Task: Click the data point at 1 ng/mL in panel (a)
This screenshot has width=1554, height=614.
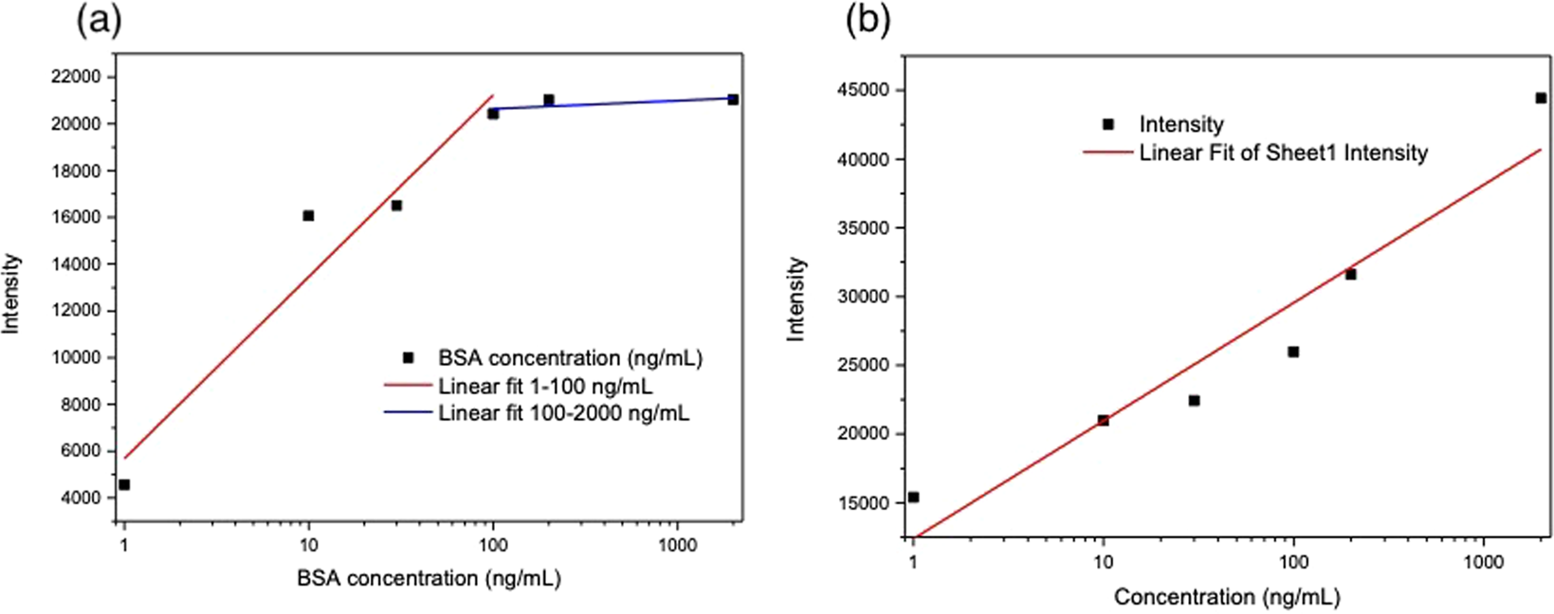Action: coord(124,484)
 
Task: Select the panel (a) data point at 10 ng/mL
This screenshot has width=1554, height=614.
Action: coord(308,216)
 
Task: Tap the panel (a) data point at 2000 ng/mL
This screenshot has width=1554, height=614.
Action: coord(733,99)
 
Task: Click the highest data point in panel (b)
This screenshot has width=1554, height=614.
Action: coord(1541,98)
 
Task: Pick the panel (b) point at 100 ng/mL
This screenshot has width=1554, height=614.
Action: coord(1293,352)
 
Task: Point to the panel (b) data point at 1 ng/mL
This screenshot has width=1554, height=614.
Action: coord(913,497)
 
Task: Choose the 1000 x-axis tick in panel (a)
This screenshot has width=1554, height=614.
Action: coord(677,546)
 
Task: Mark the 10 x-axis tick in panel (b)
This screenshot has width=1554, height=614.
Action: coord(1103,562)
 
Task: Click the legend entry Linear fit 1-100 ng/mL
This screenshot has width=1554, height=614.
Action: coord(544,387)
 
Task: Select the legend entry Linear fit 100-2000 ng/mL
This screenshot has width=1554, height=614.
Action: coord(563,413)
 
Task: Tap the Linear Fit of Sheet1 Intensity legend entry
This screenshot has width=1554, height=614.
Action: coord(1283,153)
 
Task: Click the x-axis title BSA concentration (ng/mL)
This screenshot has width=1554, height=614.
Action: coord(429,578)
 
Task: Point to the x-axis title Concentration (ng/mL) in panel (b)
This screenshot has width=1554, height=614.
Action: coord(1227,597)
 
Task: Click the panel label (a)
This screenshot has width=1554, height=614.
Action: coord(99,21)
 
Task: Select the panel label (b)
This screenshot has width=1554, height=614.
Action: coord(868,21)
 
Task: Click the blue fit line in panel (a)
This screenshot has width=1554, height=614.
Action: coord(616,104)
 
